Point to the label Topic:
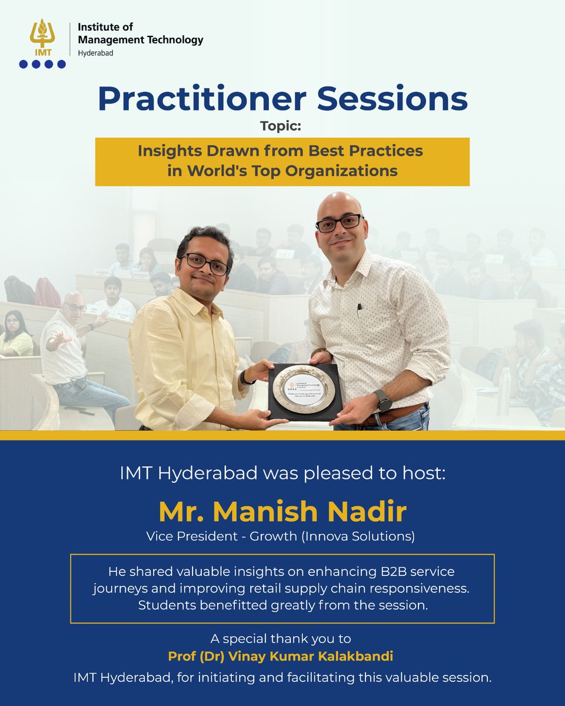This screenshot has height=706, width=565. point(282,125)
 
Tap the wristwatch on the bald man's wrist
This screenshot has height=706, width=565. point(383,401)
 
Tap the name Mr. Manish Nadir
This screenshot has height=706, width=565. point(282,512)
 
